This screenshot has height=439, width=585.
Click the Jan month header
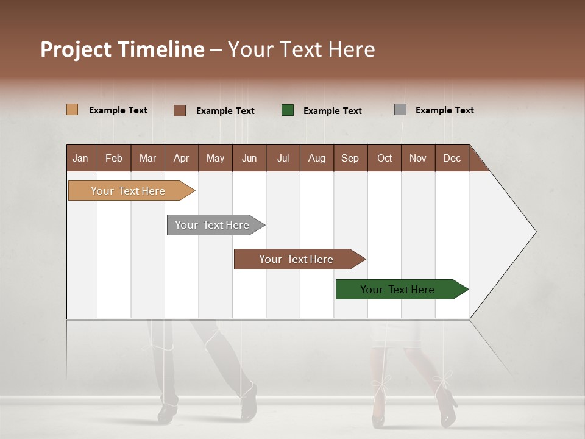[81, 159]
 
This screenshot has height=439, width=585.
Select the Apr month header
[181, 159]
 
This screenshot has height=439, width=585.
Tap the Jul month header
[283, 159]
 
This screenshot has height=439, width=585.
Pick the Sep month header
[350, 159]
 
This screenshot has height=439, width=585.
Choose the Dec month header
[452, 159]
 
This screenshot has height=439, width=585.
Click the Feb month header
[114, 159]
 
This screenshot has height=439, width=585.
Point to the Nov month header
[417, 159]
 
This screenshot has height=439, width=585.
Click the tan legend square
[72, 110]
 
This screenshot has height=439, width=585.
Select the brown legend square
[179, 110]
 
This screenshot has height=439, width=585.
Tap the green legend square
[288, 110]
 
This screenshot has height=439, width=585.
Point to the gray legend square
[400, 110]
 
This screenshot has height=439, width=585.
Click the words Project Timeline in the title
[122, 49]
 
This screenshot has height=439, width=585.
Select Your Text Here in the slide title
[301, 49]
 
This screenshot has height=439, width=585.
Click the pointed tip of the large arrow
[534, 232]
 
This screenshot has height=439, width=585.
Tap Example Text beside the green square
[332, 111]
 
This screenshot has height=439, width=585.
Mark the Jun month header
[249, 159]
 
